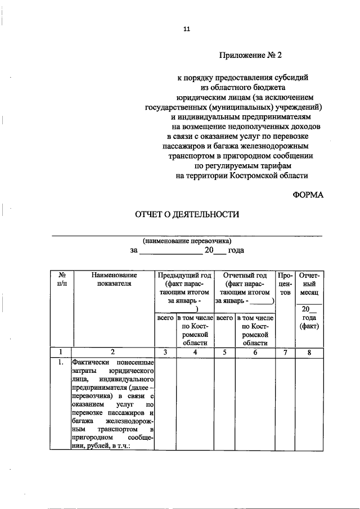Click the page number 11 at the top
(187, 29)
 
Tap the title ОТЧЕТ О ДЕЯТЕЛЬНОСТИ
(186, 214)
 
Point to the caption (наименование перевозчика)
(187, 240)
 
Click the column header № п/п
(61, 280)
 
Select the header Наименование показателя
(112, 280)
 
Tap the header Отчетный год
(245, 276)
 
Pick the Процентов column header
(285, 284)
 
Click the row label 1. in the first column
(61, 363)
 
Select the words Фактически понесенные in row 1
(112, 363)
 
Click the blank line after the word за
(170, 251)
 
